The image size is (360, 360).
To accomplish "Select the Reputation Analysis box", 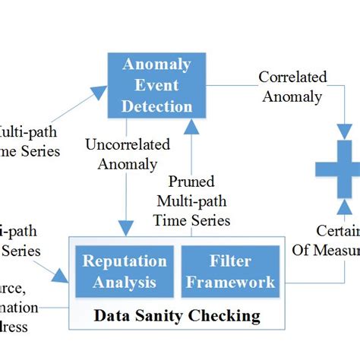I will coord(124,272).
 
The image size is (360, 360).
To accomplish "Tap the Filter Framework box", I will coord(231,272).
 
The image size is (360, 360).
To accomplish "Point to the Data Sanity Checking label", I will coord(176,314).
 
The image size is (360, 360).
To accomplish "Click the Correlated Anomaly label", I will coord(292,86).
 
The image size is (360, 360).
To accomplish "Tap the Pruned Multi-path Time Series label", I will coord(193,201).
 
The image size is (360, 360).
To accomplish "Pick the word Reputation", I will coord(124,261).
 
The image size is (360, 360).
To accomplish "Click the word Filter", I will coord(231,261).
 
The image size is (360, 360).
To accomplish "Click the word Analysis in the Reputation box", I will coord(124,283).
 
